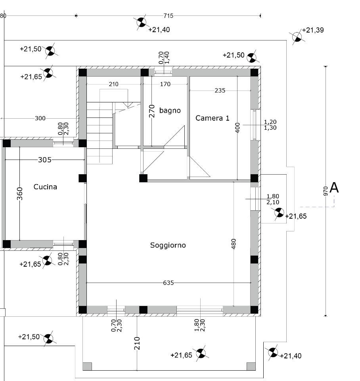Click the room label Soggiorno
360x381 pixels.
168,245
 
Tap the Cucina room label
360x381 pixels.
45,187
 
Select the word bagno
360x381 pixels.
170,111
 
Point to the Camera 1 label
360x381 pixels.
213,118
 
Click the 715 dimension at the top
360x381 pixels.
168,16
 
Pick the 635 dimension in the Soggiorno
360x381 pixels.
169,283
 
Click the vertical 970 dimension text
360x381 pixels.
326,191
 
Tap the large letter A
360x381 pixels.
334,188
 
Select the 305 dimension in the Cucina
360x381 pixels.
45,160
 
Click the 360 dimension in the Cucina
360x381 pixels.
20,194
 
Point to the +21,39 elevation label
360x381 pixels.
313,30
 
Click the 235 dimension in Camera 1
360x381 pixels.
220,90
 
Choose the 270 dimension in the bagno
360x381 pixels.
152,111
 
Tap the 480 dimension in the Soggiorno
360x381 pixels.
234,244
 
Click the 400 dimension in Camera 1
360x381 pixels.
237,128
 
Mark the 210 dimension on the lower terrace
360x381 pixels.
137,343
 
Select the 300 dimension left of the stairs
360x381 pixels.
40,118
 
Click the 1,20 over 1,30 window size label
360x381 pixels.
270,125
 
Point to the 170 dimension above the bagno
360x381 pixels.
165,84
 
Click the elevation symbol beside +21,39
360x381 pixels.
297,37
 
